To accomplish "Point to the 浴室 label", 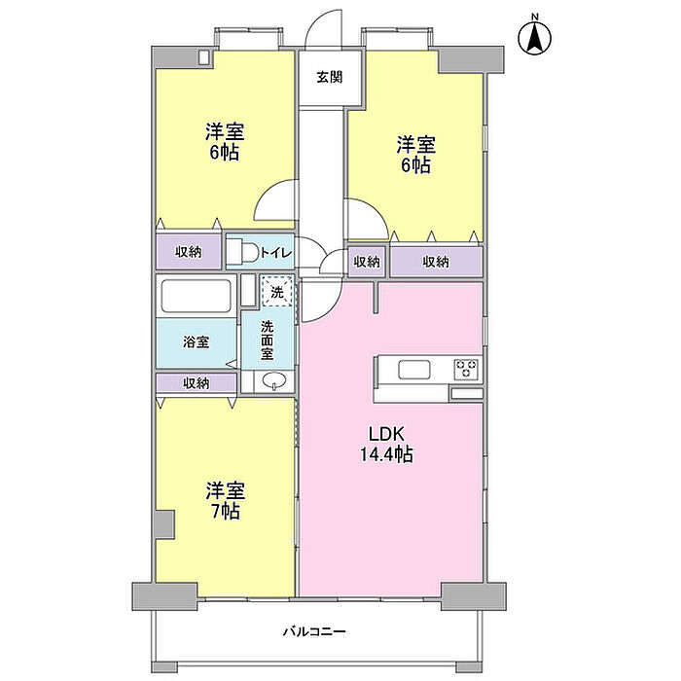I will coord(197,341).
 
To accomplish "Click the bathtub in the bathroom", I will coord(196,295).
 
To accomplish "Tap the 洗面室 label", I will coord(267,340).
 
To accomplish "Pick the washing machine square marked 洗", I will coord(276,291).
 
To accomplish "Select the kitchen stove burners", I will coord(466,370).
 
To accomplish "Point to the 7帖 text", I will coord(224,511).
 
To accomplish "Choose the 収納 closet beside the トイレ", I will coord(189,252).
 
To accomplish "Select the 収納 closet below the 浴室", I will coord(196,383).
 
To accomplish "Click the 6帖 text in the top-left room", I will coord(224,153).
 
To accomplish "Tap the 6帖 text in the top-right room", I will coord(415,165).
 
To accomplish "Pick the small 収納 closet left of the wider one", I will coord(367,262).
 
